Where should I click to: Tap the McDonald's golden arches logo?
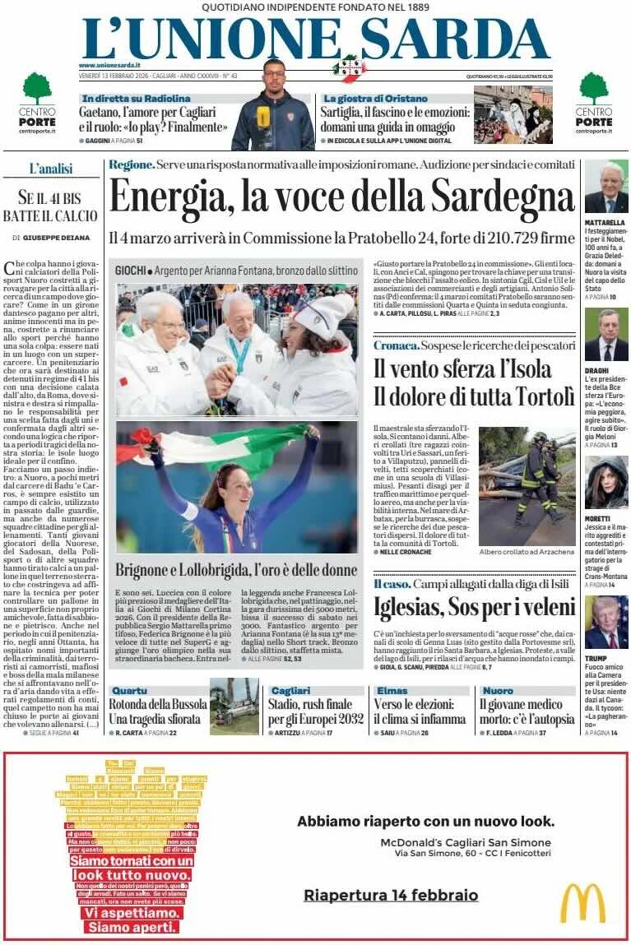coord(582,902)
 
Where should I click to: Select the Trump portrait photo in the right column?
coord(606,623)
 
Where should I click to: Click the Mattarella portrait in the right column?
coord(606,187)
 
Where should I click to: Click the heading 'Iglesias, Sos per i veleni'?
coord(474,608)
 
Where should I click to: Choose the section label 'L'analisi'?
coord(51,169)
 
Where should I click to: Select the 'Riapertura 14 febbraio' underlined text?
coord(391,895)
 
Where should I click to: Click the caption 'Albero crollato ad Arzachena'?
coord(527,551)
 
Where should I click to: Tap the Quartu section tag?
coord(130,690)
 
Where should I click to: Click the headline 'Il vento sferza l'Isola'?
coord(451,368)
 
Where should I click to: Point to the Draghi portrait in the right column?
coord(606,335)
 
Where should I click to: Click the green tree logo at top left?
coord(37,88)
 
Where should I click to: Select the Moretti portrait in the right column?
coord(606,483)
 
